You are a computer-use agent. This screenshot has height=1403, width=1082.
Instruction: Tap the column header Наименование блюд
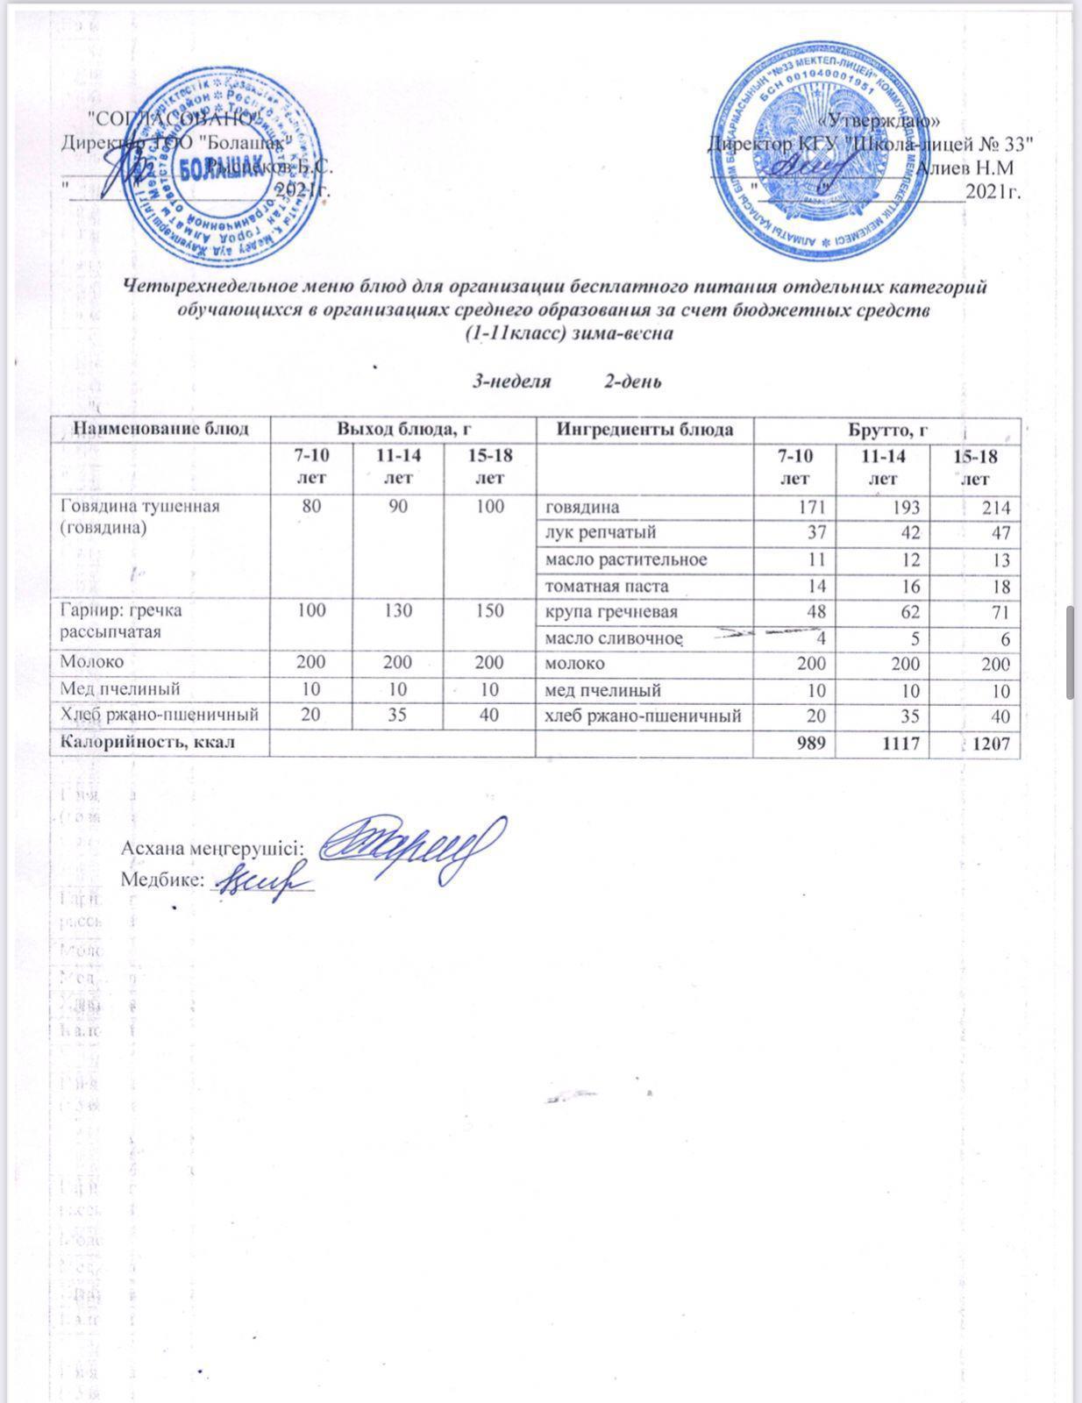(160, 429)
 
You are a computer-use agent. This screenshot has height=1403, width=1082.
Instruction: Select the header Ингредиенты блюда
(644, 429)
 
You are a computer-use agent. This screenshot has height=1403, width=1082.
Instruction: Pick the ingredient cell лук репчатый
(600, 532)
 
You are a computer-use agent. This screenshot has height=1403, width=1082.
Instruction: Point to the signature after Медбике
(261, 878)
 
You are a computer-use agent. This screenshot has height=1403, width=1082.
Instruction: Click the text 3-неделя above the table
(512, 381)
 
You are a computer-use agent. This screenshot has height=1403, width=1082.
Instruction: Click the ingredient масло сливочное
(613, 637)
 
